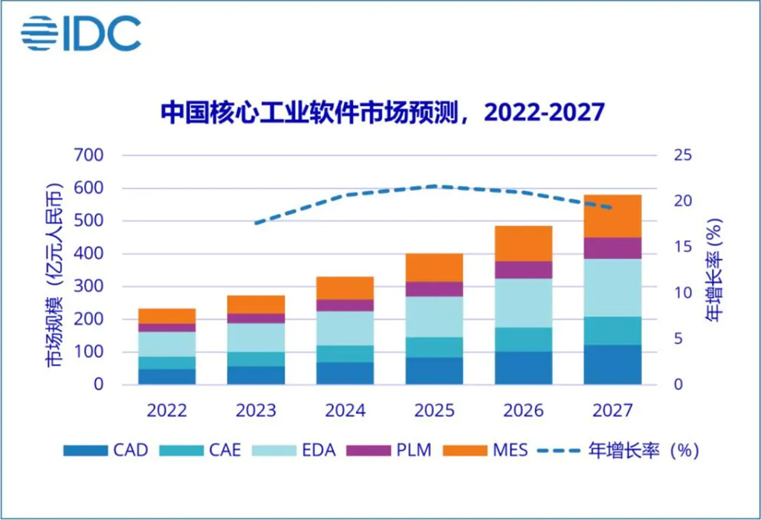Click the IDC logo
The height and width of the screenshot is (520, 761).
tap(80, 33)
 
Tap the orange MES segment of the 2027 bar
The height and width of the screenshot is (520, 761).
tap(612, 216)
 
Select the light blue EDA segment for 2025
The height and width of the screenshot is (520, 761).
tap(434, 316)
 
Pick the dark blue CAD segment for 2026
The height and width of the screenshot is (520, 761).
tap(523, 368)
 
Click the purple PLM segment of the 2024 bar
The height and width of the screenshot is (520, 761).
tap(345, 305)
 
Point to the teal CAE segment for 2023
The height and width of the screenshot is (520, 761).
tap(256, 359)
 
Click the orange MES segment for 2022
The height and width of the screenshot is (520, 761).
tap(166, 316)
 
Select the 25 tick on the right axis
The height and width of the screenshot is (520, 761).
tap(683, 156)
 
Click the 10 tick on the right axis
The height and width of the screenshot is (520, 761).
tap(683, 293)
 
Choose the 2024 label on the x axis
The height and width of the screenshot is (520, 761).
tap(345, 411)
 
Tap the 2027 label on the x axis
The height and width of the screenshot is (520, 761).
tap(612, 411)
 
